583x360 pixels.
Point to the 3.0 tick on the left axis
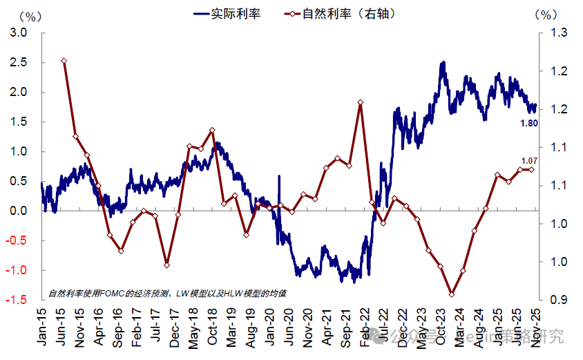19,32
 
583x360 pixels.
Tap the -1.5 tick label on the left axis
17,300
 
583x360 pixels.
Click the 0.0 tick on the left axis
19,211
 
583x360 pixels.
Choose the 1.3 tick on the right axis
558,32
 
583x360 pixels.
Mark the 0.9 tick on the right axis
558,300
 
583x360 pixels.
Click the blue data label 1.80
528,123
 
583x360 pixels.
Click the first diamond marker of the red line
64,61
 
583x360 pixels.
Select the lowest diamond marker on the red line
452,294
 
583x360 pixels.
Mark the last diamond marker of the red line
531,169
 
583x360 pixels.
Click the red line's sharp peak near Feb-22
361,103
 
